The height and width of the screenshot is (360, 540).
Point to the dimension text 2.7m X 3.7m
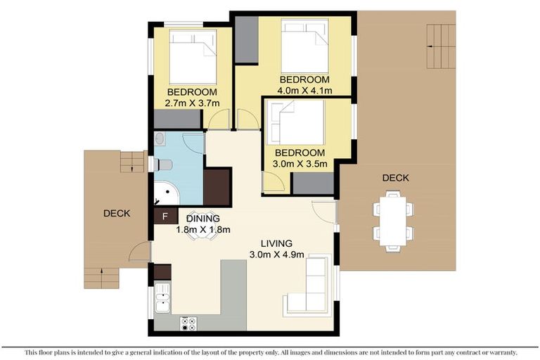(191, 103)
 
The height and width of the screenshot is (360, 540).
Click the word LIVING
(276, 243)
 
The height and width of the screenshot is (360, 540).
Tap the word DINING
(203, 219)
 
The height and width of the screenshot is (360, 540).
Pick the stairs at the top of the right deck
(441, 46)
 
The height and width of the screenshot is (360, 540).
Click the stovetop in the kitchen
(189, 323)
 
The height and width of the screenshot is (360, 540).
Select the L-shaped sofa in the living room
(309, 288)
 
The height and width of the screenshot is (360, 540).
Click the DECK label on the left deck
(116, 214)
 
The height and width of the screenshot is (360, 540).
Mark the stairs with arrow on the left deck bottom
(102, 277)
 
